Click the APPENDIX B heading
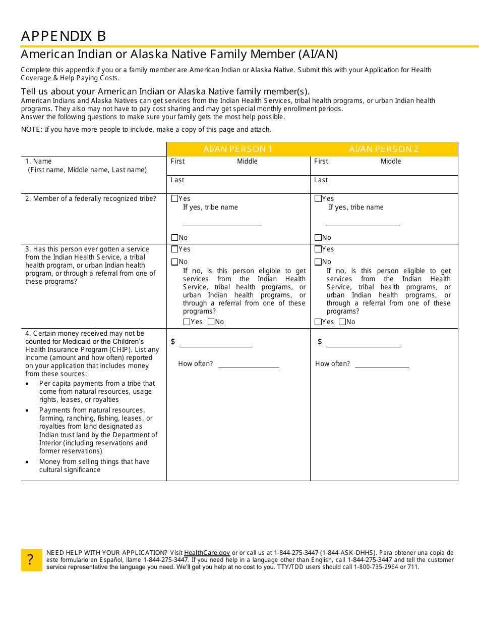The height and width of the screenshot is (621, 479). pyautogui.click(x=64, y=36)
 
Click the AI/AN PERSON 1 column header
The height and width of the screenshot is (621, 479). pyautogui.click(x=238, y=149)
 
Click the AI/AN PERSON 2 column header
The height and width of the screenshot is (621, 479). pyautogui.click(x=384, y=149)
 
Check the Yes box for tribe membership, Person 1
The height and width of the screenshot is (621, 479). pyautogui.click(x=175, y=198)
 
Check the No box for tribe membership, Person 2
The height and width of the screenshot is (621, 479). pyautogui.click(x=318, y=237)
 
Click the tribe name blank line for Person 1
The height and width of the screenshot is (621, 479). pyautogui.click(x=222, y=225)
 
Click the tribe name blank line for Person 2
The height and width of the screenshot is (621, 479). pyautogui.click(x=363, y=225)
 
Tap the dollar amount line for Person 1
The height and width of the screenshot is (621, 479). pyautogui.click(x=216, y=346)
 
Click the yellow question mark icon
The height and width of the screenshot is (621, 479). pyautogui.click(x=31, y=560)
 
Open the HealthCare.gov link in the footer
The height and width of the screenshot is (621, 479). pyautogui.click(x=207, y=553)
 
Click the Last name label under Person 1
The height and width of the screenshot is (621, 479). pyautogui.click(x=177, y=180)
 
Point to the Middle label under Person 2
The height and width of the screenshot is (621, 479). pyautogui.click(x=391, y=162)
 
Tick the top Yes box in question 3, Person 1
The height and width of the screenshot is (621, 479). pyautogui.click(x=175, y=249)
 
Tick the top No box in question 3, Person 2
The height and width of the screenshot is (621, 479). pyautogui.click(x=318, y=262)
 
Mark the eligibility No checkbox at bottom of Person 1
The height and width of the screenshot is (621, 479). pyautogui.click(x=211, y=322)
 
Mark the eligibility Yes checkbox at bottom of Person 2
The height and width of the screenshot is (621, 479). pyautogui.click(x=318, y=322)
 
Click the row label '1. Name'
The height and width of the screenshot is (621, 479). pyautogui.click(x=39, y=162)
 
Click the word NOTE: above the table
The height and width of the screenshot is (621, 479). pyautogui.click(x=31, y=129)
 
